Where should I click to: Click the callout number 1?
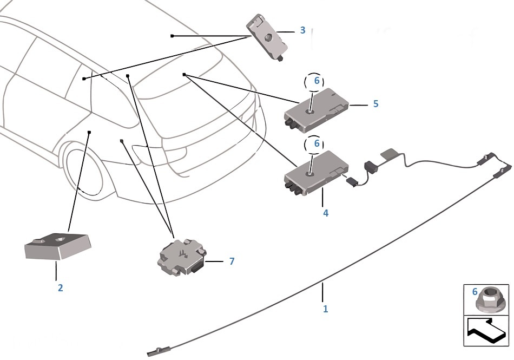325,309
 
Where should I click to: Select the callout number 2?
60,288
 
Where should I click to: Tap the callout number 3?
303,30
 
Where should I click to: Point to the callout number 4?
325,213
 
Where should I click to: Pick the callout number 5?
375,103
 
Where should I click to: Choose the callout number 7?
232,261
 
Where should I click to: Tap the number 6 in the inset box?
475,292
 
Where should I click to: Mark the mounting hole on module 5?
311,111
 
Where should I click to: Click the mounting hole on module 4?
311,173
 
